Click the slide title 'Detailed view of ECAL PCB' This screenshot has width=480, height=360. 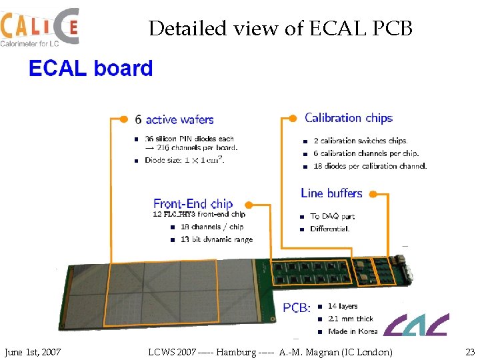coord(281,29)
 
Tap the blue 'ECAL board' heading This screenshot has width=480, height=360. coord(91,69)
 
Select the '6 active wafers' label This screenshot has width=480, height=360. coord(174,120)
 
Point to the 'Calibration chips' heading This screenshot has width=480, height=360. coord(349,118)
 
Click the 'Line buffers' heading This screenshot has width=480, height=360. coord(331,193)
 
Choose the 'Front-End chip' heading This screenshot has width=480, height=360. coord(193,204)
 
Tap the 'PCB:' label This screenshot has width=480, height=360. coord(297,307)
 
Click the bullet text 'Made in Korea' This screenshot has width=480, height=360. coord(353,331)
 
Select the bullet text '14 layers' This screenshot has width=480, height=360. coord(343,307)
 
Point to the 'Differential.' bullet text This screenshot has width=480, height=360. coord(330,229)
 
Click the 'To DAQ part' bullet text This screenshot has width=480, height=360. coord(333,217)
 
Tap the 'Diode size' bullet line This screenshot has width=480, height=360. coord(184,159)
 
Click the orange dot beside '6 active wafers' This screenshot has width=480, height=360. coord(123,119)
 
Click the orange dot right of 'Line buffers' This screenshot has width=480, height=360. coord(373,195)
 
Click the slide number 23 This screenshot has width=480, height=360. coord(470,352)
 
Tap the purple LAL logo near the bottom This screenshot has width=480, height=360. coord(417,325)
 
